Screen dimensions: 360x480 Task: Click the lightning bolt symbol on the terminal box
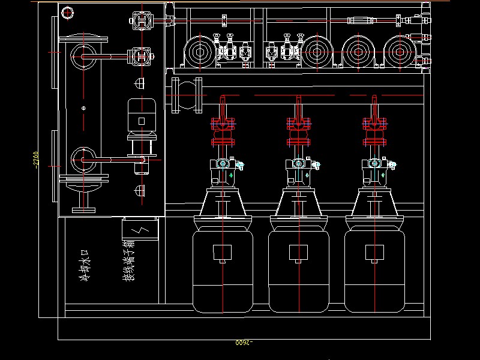tap(140, 229)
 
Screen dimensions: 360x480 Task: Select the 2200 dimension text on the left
tap(37, 160)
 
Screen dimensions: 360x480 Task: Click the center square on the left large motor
tap(223, 253)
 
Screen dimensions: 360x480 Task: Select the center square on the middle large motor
tap(298, 253)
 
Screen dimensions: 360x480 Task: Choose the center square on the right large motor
tap(374, 253)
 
